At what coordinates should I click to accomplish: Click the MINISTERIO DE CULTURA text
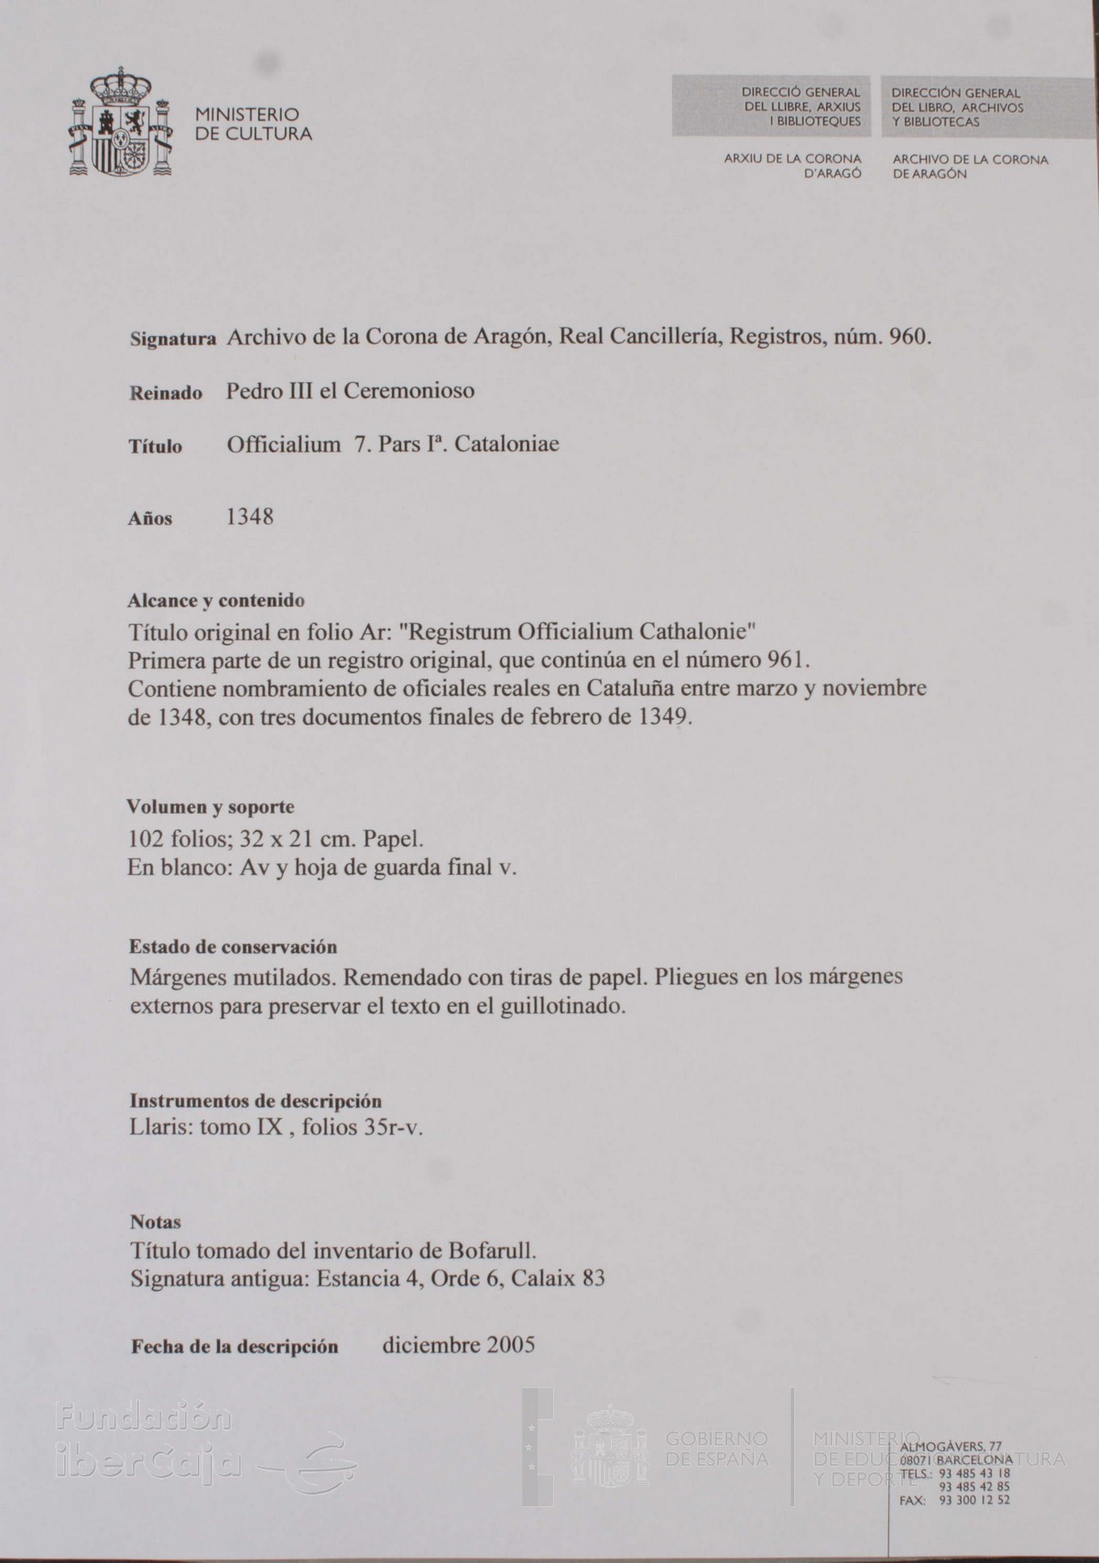(253, 125)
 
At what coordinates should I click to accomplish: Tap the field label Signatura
(172, 339)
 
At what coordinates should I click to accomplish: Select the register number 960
(909, 337)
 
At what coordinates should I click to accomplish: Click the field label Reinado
(166, 393)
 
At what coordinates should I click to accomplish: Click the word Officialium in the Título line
(284, 445)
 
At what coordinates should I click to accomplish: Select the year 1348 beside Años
(250, 518)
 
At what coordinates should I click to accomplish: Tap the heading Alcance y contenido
(216, 601)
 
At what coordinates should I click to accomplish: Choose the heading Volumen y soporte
(211, 807)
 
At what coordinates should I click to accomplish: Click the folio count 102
(146, 838)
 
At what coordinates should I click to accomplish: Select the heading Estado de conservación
(233, 946)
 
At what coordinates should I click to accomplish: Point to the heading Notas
(156, 1221)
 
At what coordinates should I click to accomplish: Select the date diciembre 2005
(458, 1345)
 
